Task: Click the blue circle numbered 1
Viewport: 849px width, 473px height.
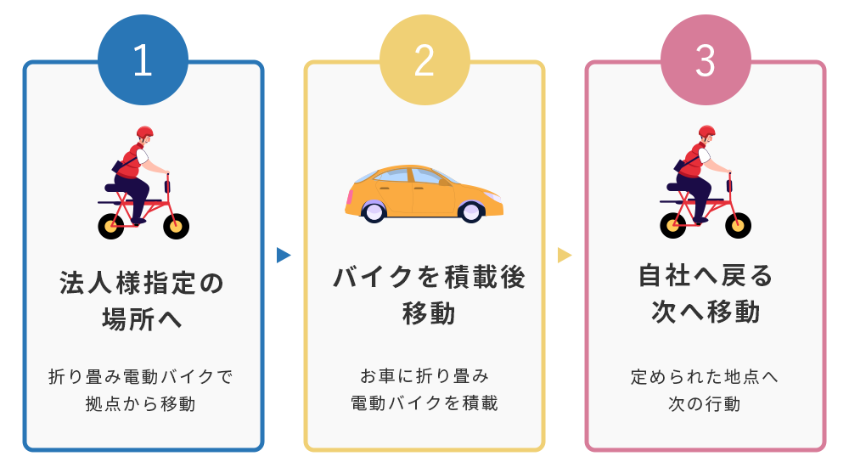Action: click(143, 59)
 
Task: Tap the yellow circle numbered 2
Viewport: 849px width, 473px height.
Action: click(424, 59)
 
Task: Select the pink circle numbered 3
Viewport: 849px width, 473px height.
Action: click(706, 59)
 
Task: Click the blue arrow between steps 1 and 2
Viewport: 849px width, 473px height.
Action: click(284, 256)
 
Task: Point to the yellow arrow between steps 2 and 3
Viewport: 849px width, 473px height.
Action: click(565, 256)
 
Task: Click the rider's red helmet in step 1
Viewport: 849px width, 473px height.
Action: click(144, 132)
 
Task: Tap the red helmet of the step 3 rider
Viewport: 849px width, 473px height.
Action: click(706, 132)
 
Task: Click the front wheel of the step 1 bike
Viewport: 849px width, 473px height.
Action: click(176, 226)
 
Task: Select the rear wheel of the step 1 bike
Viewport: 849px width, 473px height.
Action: click(111, 226)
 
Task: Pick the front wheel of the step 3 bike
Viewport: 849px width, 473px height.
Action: click(738, 225)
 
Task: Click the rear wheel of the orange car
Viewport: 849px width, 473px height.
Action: click(374, 211)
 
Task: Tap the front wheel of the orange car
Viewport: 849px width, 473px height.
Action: click(470, 211)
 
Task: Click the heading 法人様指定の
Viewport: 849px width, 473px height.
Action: click(142, 284)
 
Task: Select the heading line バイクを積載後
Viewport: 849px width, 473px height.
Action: click(429, 278)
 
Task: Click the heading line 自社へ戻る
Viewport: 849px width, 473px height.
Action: click(706, 275)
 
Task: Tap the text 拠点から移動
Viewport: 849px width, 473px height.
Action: click(141, 403)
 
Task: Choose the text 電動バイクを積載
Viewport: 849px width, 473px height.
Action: click(424, 403)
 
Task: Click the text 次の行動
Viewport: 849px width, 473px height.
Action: click(704, 403)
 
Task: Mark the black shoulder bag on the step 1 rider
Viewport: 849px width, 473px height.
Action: click(119, 166)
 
